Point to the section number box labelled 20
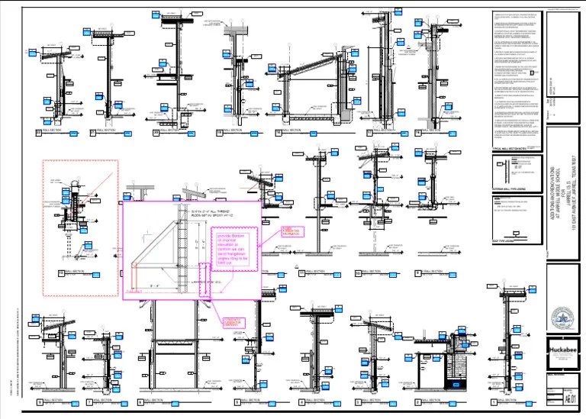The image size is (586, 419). [x=156, y=132]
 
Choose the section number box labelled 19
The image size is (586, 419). [x=219, y=132]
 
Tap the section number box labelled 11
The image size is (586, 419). [x=301, y=272]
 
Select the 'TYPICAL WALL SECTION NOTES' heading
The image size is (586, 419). [x=510, y=149]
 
